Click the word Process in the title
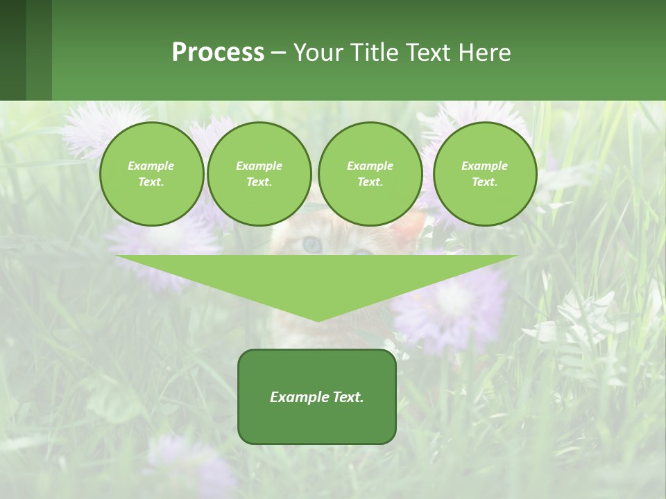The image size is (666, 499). [x=218, y=53]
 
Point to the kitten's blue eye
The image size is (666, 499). [x=311, y=244]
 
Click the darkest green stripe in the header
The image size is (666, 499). [x=12, y=50]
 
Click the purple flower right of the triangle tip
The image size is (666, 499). [x=451, y=305]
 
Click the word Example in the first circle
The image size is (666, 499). [x=151, y=166]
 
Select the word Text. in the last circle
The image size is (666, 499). [x=484, y=182]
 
